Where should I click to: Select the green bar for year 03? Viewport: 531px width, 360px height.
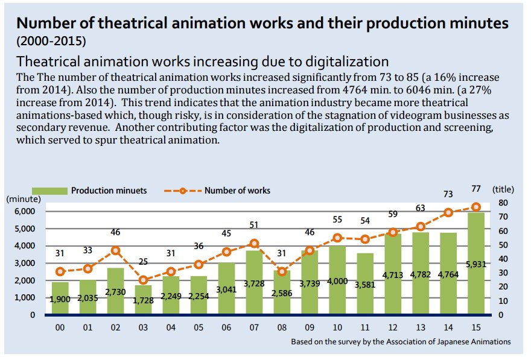coord(143,299)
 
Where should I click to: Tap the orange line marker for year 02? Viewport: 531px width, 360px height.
coord(115,250)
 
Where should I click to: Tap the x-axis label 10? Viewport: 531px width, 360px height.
coord(337,327)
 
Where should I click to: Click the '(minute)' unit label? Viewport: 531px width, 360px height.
coord(23,198)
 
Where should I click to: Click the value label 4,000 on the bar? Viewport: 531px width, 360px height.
coord(337,281)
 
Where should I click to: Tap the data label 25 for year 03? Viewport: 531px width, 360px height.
coord(143,262)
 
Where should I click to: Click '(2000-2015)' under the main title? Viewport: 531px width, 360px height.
coord(51,42)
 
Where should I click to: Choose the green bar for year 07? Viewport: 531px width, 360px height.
coord(254,283)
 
